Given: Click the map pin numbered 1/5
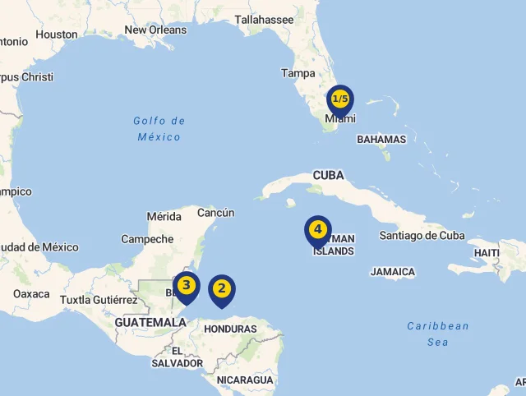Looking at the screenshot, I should pyautogui.click(x=339, y=100).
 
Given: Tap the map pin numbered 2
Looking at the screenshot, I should pyautogui.click(x=221, y=289).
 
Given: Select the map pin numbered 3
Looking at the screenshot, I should pyautogui.click(x=187, y=287).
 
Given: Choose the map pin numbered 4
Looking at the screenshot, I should pyautogui.click(x=317, y=230).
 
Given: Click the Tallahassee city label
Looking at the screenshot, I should pyautogui.click(x=265, y=20).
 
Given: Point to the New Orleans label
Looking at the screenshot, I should pyautogui.click(x=155, y=30).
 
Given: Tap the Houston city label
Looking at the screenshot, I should pyautogui.click(x=57, y=35).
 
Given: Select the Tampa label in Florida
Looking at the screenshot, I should pyautogui.click(x=298, y=73).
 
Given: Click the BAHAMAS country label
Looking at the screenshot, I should pyautogui.click(x=381, y=140).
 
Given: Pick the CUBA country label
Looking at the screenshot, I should pyautogui.click(x=328, y=175).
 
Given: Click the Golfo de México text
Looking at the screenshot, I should pyautogui.click(x=159, y=129).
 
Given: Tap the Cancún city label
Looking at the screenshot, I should pyautogui.click(x=216, y=213).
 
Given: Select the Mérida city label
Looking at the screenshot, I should pyautogui.click(x=164, y=217).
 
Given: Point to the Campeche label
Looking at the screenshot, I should pyautogui.click(x=147, y=239).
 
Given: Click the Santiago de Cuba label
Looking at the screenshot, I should pyautogui.click(x=422, y=236).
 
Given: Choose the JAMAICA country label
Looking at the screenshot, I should pyautogui.click(x=393, y=272).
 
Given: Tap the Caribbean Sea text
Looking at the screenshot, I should pyautogui.click(x=438, y=334).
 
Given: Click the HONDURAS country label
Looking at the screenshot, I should pyautogui.click(x=230, y=329).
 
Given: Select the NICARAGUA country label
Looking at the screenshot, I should pyautogui.click(x=245, y=380).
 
